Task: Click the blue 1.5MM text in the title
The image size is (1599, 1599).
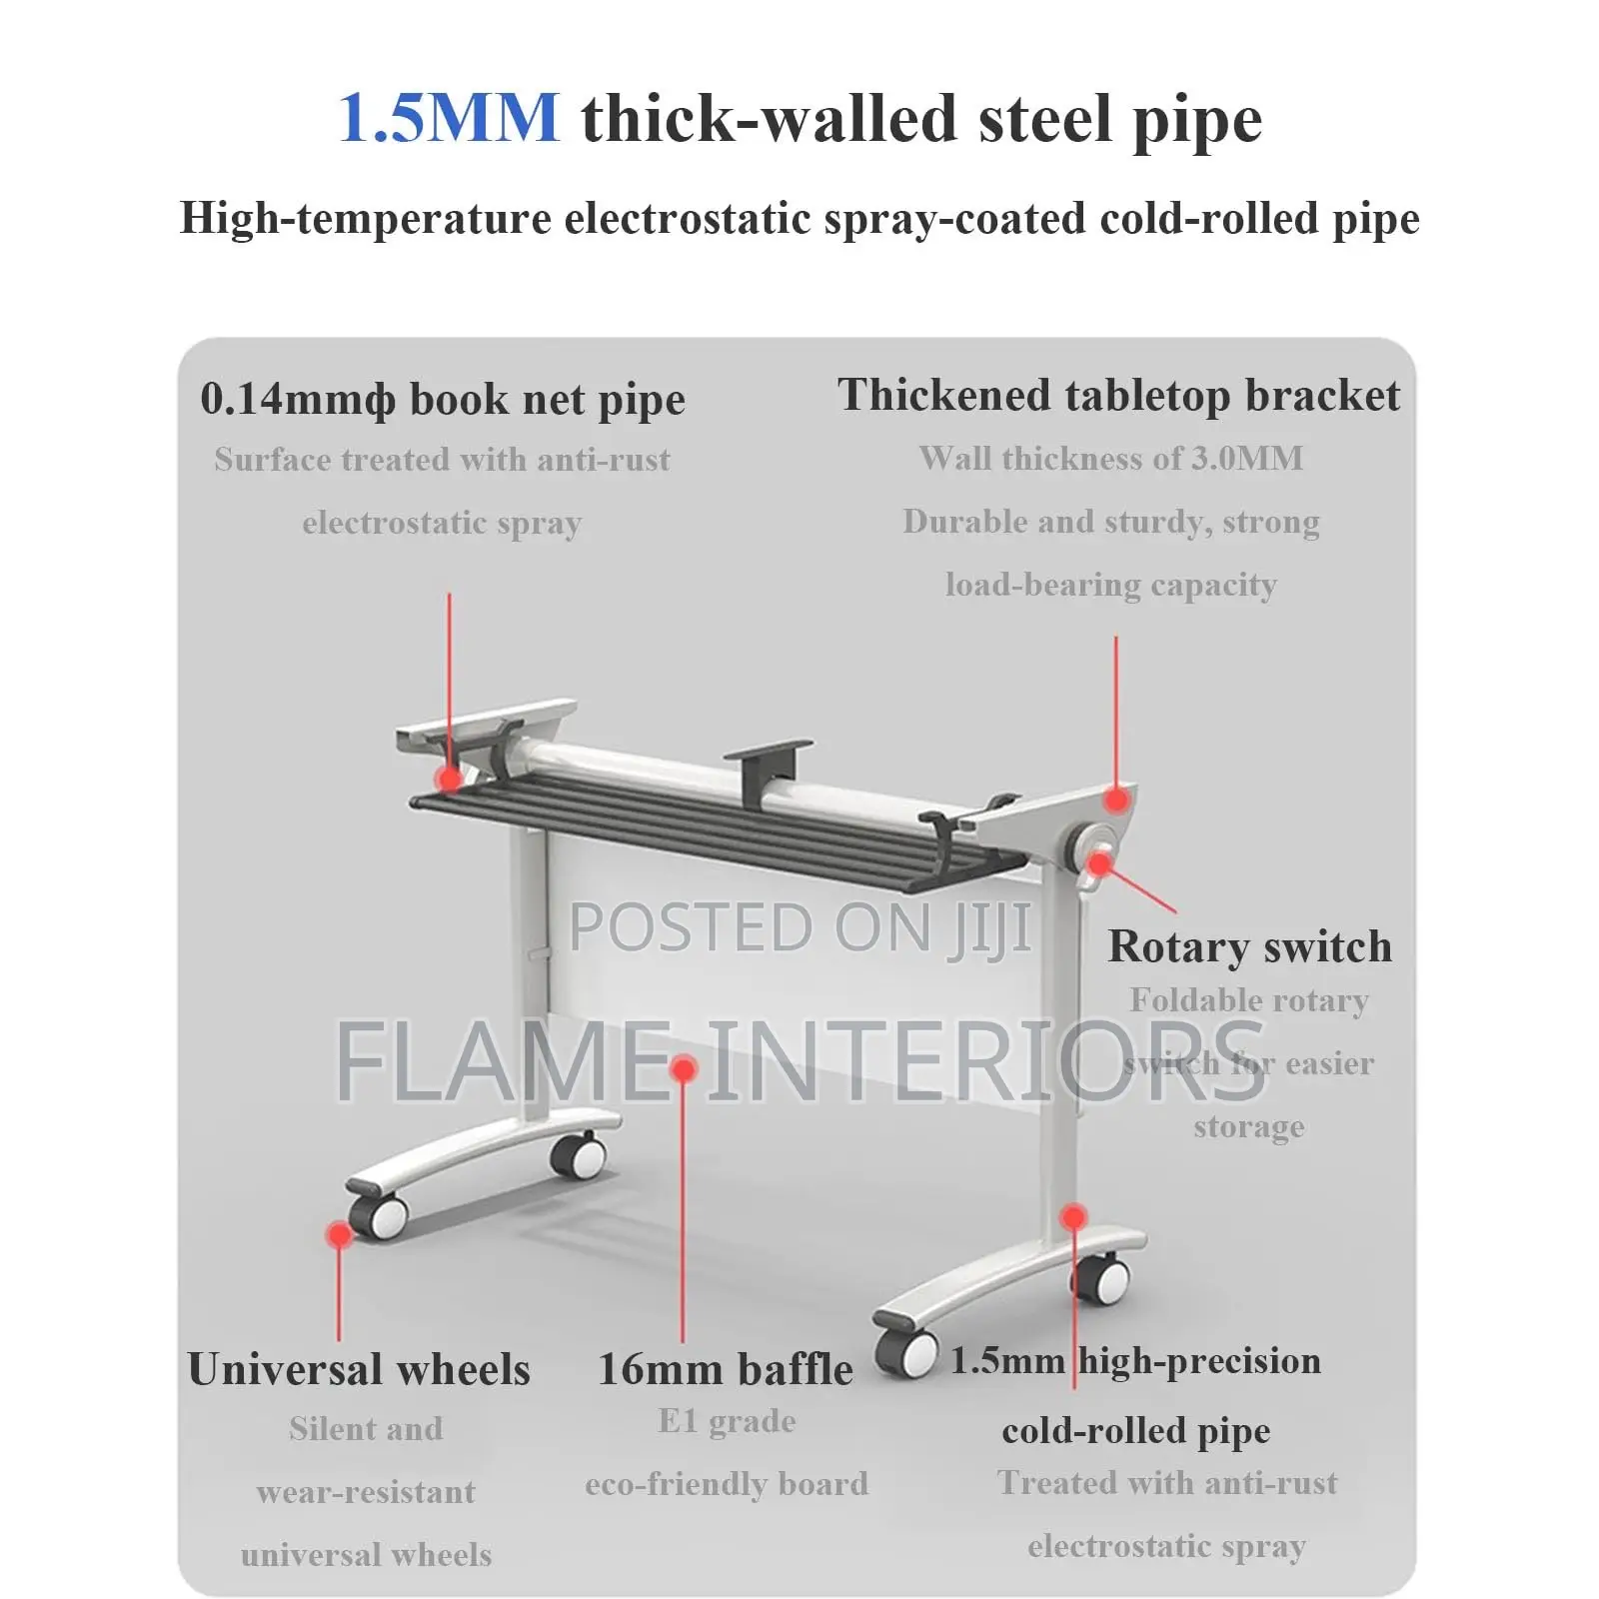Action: [449, 118]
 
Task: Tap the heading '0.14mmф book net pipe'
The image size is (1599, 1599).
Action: [443, 399]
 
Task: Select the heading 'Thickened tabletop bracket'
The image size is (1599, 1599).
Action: [1118, 396]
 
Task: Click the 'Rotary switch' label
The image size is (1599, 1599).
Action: [1249, 945]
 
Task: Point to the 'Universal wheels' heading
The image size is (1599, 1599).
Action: [359, 1369]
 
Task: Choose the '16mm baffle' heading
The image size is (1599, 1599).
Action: [726, 1369]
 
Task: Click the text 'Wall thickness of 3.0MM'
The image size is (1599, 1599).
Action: [1111, 458]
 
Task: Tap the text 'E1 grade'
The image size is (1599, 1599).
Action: [727, 1422]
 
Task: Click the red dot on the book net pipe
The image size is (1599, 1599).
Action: [449, 779]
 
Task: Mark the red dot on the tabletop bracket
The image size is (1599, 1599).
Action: [1116, 799]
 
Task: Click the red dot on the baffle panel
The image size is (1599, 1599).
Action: [684, 1070]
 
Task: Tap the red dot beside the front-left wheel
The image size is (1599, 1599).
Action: [339, 1235]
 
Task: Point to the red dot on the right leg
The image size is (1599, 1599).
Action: [1073, 1217]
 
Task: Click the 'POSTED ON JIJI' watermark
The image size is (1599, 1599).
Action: [799, 927]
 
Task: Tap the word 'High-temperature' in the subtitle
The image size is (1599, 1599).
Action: [365, 218]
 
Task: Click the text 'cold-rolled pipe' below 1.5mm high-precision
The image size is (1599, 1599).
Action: [1136, 1431]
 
